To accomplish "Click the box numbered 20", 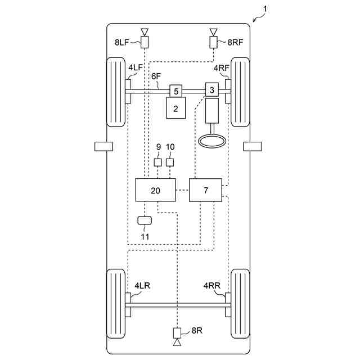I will [156, 191].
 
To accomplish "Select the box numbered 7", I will [205, 191].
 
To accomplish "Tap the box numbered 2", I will [175, 109].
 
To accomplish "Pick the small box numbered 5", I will [176, 90].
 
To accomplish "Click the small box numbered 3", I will [212, 89].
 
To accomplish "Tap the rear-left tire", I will [116, 304].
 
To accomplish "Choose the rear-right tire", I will [240, 304].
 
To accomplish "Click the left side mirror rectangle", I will [103, 146].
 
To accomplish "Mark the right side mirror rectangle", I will [252, 146].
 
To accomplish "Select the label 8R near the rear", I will [196, 330].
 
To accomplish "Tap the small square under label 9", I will [158, 163].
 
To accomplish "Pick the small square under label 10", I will [170, 163].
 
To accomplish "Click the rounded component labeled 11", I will [145, 219].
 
